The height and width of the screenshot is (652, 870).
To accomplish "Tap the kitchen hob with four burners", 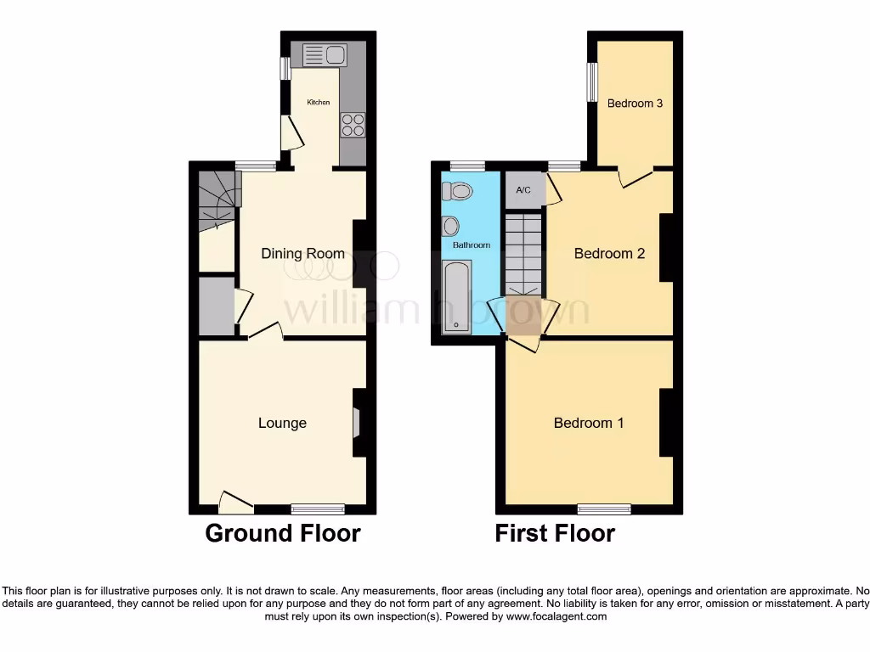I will tap(353, 125).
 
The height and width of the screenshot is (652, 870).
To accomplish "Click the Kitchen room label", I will tap(319, 103).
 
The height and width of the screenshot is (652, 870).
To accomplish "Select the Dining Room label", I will tap(302, 253).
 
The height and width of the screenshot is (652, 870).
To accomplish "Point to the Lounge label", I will tap(282, 423).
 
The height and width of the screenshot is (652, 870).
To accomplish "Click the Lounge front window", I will tap(318, 509).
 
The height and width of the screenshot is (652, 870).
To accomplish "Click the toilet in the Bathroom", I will tap(459, 191).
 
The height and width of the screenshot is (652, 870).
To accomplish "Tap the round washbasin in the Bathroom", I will tap(451, 226).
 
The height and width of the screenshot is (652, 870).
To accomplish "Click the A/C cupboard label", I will tap(523, 190).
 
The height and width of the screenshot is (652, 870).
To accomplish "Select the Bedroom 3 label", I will tap(635, 104).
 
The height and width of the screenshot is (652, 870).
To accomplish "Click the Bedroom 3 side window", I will tap(592, 83).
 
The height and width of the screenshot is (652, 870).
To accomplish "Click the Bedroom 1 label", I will tap(589, 423).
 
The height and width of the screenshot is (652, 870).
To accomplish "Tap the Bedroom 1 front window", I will tap(604, 509).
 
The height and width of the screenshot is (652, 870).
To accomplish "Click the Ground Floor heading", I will tap(283, 533).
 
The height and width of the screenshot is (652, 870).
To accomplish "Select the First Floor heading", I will tap(555, 533).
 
